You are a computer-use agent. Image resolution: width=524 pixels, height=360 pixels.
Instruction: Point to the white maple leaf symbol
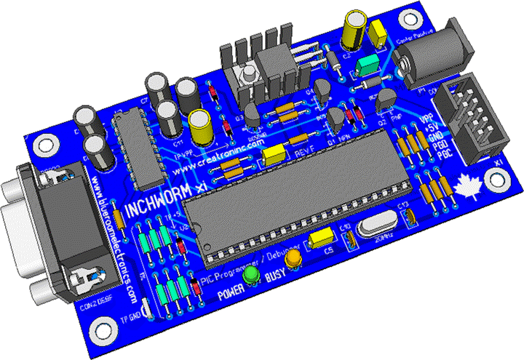point(464,186)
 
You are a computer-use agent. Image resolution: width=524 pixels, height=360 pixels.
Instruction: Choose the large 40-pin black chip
point(287,199)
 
